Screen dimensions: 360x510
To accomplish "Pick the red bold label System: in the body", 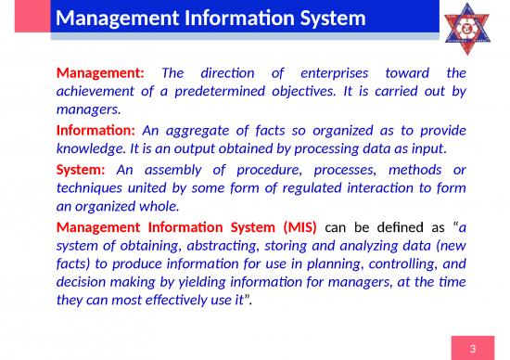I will pyautogui.click(x=83, y=170).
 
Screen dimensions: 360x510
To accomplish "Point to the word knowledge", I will pyautogui.click(x=90, y=149).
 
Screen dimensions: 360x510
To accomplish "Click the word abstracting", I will pyautogui.click(x=192, y=246).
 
